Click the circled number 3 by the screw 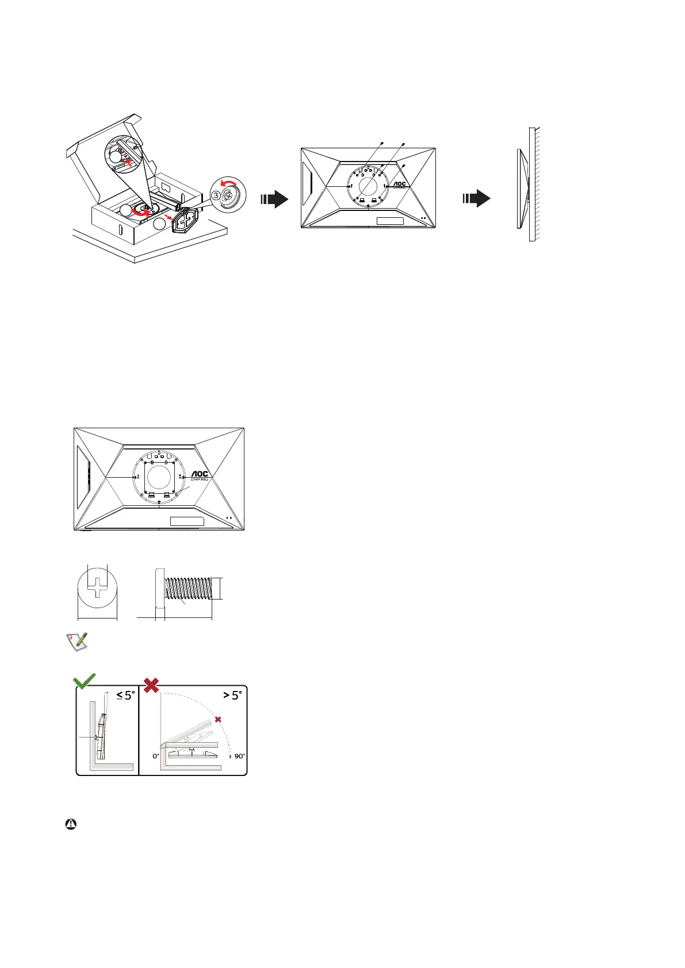pyautogui.click(x=216, y=195)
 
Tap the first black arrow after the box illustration pyautogui.click(x=274, y=199)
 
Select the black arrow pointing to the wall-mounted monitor pyautogui.click(x=477, y=199)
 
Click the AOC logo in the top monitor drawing pyautogui.click(x=399, y=185)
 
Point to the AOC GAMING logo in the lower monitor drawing pyautogui.click(x=199, y=476)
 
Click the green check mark pyautogui.click(x=85, y=682)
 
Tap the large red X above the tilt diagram pyautogui.click(x=151, y=685)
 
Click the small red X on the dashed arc pyautogui.click(x=217, y=720)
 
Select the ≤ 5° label pyautogui.click(x=125, y=695)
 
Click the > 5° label pyautogui.click(x=232, y=695)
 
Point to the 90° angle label pyautogui.click(x=239, y=756)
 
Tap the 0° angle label pyautogui.click(x=156, y=756)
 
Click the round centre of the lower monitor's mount pyautogui.click(x=159, y=476)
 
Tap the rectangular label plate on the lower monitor pyautogui.click(x=187, y=521)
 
